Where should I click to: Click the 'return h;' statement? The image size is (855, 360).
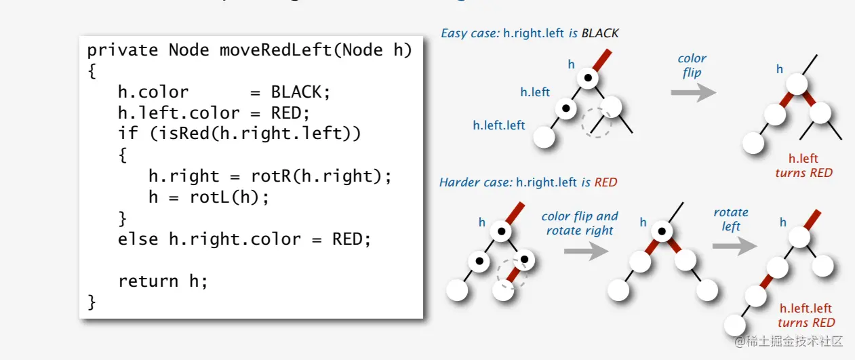click(163, 281)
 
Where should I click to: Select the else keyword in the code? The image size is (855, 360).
click(139, 239)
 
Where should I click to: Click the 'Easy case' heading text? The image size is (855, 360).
click(471, 33)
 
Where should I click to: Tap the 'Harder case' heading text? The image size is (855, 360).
click(475, 182)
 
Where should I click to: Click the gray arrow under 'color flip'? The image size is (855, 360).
click(693, 92)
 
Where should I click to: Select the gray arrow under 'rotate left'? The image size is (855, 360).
click(734, 245)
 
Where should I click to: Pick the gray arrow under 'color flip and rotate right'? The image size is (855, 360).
click(586, 252)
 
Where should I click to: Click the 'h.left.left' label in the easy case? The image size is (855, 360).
click(499, 125)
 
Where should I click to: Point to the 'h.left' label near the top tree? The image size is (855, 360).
click(535, 92)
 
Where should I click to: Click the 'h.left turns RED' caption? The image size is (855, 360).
click(803, 165)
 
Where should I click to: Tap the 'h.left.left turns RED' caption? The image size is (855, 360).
click(806, 315)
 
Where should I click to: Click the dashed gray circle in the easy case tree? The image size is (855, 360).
click(597, 123)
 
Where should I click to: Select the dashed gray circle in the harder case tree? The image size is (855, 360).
click(511, 273)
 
